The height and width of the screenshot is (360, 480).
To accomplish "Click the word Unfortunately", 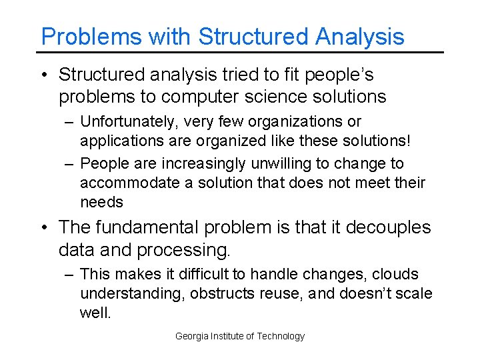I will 124,122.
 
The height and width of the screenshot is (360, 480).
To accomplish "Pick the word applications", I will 117,141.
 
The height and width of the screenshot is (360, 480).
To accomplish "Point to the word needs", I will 101,202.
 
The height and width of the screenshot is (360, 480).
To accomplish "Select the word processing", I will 183,250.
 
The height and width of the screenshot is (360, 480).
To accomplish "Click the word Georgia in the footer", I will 189,336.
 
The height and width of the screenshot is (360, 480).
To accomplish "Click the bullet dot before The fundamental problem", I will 45,228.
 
